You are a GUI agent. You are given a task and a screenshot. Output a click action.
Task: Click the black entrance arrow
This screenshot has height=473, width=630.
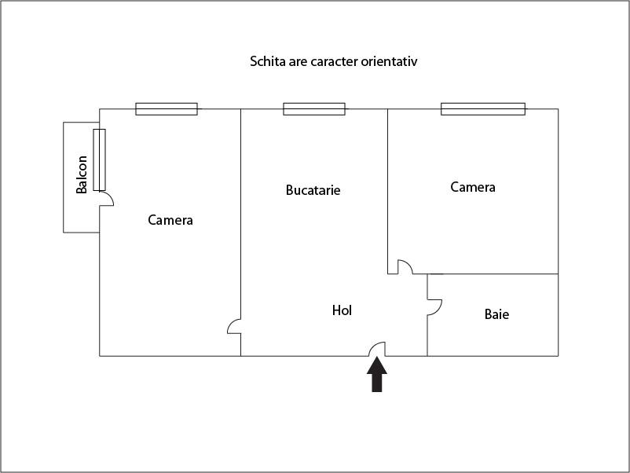point(377,374)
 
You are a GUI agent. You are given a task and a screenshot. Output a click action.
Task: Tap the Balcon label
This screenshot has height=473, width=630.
point(82,174)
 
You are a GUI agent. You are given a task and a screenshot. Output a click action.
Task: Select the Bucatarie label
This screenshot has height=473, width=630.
point(313,190)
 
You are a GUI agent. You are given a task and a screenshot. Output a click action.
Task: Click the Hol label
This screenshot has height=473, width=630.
point(342,310)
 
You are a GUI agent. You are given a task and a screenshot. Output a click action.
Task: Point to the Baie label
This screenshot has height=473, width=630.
point(496,313)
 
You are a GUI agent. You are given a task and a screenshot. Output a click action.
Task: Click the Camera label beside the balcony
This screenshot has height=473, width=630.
point(170,220)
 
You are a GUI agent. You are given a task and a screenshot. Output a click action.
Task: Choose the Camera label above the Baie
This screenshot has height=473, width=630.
point(473,187)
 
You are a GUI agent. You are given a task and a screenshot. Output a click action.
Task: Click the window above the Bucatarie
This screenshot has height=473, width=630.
point(314,109)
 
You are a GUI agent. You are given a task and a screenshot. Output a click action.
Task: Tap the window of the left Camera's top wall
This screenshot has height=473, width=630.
point(167,109)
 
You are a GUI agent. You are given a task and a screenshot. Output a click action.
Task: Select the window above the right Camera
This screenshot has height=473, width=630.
point(483,109)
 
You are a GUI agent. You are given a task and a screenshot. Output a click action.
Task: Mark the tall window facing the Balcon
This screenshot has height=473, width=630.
point(99,160)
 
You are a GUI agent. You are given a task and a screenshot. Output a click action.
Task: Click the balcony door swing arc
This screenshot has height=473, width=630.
point(107,199)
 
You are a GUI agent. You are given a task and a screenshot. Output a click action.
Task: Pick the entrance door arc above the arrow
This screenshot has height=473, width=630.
point(377,349)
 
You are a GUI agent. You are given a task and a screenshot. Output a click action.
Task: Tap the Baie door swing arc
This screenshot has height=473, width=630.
point(434,307)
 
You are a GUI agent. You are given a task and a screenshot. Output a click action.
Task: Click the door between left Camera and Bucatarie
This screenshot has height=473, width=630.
point(234,326)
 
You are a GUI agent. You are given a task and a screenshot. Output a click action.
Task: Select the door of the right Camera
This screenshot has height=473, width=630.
point(405,267)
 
